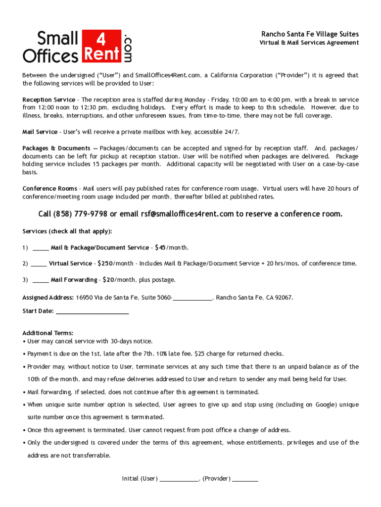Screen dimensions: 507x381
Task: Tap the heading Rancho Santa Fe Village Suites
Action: click(310, 34)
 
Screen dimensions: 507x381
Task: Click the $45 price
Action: click(160, 248)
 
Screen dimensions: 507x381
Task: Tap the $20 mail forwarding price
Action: click(108, 280)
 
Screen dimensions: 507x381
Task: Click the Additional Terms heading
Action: click(48, 333)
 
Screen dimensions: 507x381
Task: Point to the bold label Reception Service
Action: click(49, 100)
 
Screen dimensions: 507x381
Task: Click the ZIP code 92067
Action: click(284, 298)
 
